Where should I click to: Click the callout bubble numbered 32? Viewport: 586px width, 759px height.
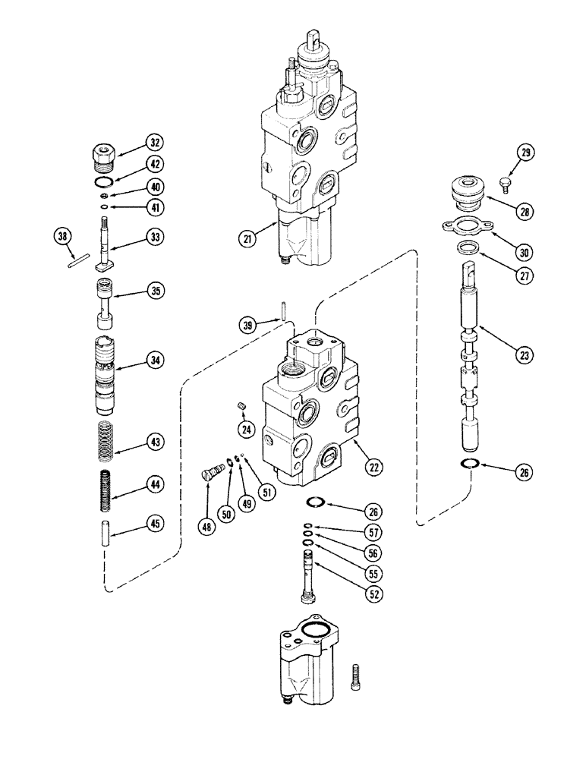click(156, 142)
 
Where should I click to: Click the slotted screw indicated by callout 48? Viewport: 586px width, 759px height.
click(212, 471)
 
